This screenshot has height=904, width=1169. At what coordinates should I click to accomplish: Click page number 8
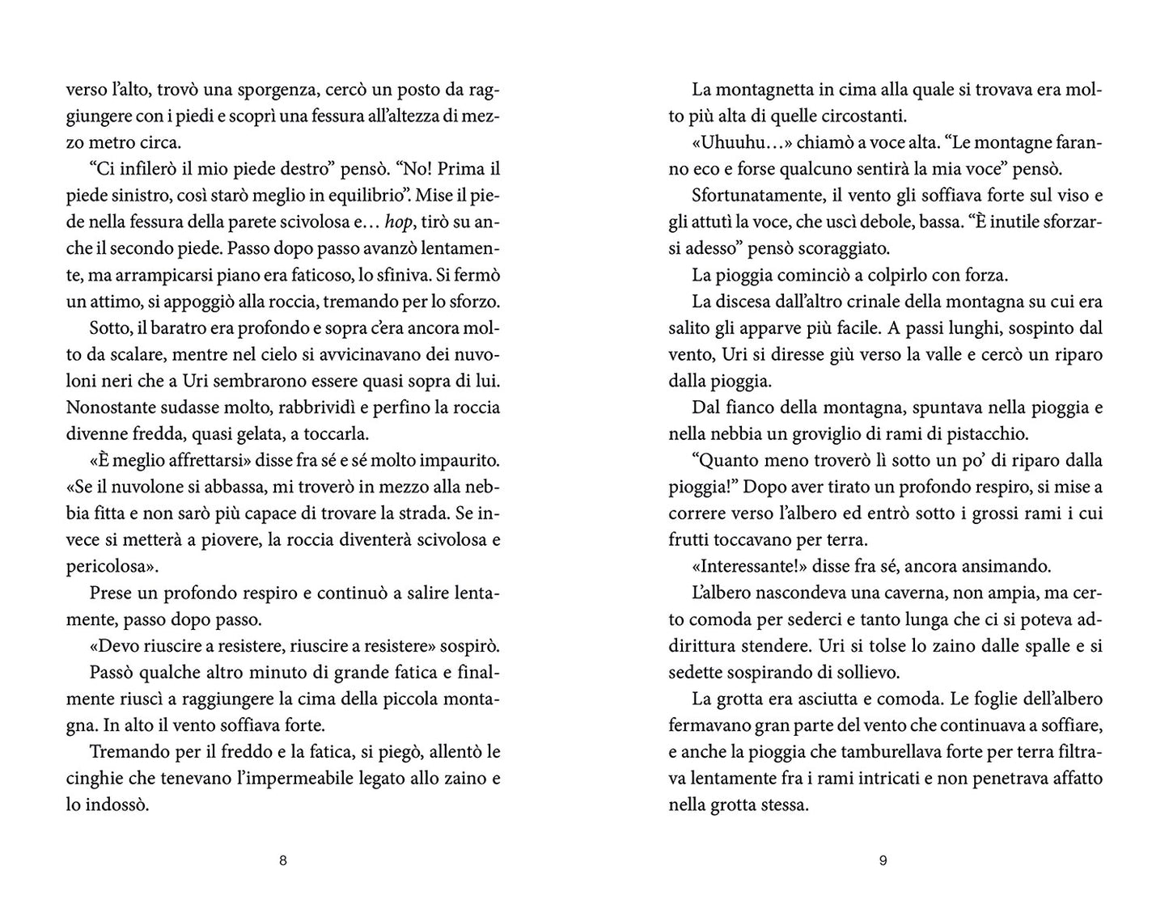pyautogui.click(x=282, y=861)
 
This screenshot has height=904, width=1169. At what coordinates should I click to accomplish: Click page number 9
pyautogui.click(x=883, y=861)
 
